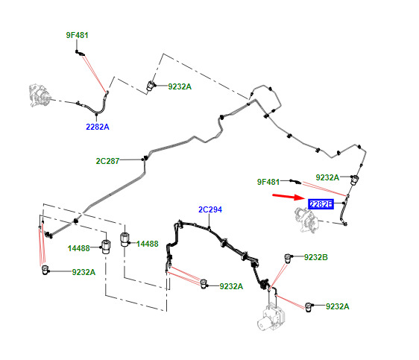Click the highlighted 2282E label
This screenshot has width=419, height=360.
point(321,204)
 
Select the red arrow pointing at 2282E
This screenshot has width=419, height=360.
point(289,197)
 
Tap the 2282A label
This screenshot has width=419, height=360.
point(98,127)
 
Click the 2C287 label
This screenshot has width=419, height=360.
point(107,161)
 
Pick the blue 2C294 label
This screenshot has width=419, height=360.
point(210,209)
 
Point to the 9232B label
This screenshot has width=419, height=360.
point(316,257)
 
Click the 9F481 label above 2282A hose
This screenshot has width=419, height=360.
point(78,35)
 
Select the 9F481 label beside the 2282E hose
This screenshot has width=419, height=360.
point(268,182)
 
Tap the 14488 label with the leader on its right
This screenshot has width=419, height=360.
point(79,248)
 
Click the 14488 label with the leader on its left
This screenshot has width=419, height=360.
point(147,244)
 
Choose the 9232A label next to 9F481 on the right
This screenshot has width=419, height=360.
point(327,177)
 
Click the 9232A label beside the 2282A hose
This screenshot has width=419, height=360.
point(180,86)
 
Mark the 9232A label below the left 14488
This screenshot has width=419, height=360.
point(84,272)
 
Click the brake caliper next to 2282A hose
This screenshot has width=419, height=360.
point(40,95)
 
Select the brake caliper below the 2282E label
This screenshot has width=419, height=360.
point(306,221)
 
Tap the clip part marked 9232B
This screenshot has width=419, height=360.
point(288,258)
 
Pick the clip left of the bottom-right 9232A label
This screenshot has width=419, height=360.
point(309,307)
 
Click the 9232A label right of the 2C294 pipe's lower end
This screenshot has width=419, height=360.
point(231,286)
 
